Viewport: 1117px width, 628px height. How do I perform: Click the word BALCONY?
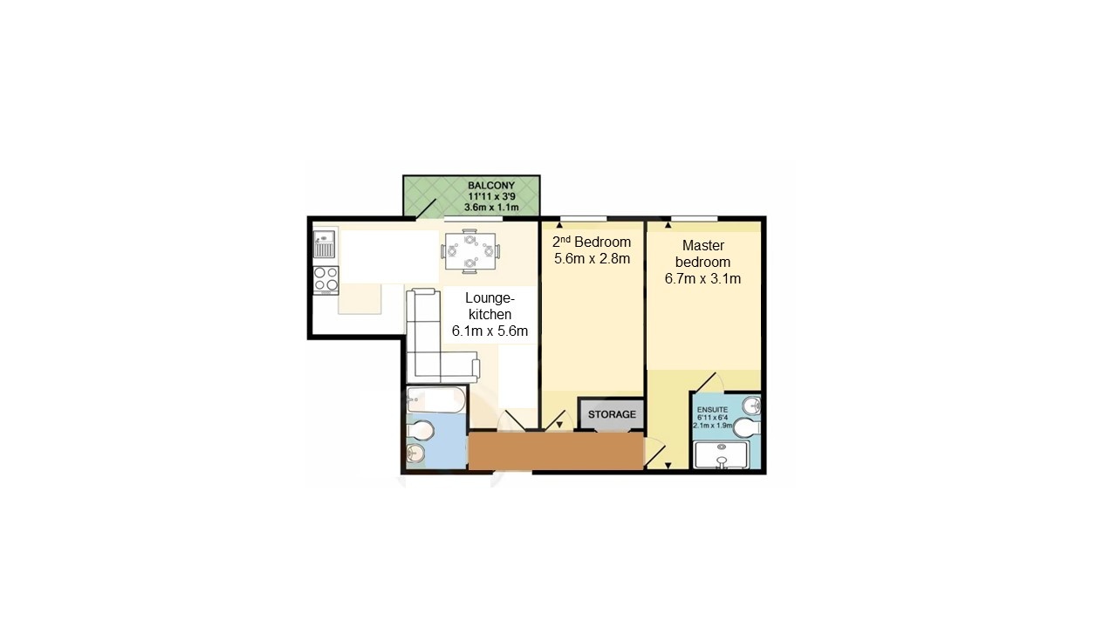[x=490, y=186]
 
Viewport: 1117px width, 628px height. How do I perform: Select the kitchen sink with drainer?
[x=325, y=244]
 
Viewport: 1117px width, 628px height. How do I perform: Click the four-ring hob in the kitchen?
[x=326, y=279]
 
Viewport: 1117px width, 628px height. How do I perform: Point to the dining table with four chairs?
[x=470, y=250]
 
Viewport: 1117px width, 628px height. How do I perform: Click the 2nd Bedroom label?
[x=591, y=242]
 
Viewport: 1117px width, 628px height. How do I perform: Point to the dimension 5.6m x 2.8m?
[x=591, y=258]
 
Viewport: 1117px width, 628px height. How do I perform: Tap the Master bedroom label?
[x=706, y=254]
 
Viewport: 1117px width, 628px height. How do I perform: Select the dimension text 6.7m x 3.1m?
[x=706, y=279]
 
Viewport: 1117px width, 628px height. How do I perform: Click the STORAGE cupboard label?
[x=611, y=414]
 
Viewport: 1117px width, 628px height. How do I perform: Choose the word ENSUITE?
[x=711, y=408]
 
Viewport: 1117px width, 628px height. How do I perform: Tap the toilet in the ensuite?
[x=747, y=428]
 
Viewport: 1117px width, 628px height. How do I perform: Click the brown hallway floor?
[x=556, y=451]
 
